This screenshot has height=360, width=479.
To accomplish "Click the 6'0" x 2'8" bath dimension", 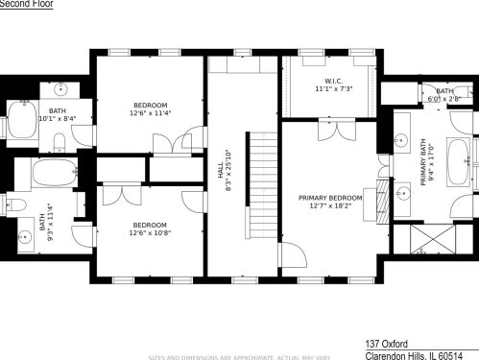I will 444,98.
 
